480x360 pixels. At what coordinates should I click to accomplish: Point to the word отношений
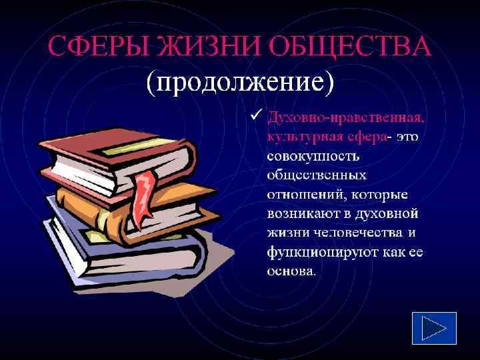303,195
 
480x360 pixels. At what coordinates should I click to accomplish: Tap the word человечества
347,234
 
